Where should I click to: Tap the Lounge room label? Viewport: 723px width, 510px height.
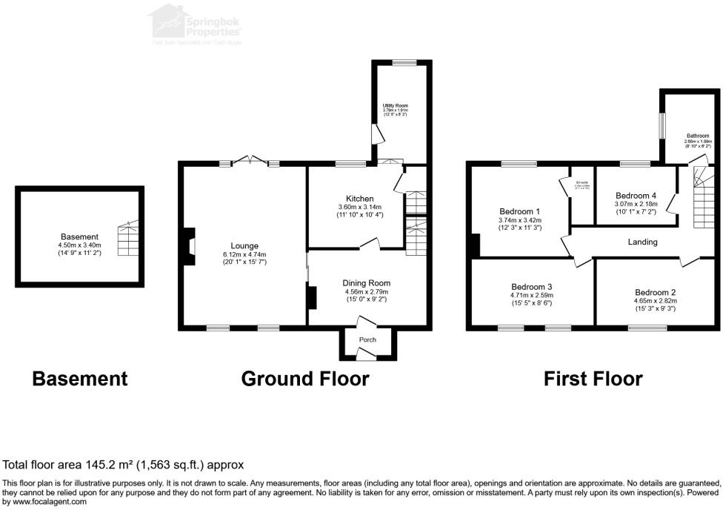(x=244, y=245)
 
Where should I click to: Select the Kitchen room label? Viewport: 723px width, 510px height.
(x=360, y=199)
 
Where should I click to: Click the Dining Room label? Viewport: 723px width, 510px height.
(x=366, y=282)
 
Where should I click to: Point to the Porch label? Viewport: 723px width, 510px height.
(x=367, y=340)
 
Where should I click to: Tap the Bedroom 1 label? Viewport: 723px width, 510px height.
(x=520, y=211)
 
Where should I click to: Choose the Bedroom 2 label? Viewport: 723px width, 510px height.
(x=655, y=292)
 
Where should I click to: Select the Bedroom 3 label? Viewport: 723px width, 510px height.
(x=532, y=286)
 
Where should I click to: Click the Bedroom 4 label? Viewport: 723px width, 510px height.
(x=636, y=196)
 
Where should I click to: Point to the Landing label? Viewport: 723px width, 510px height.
(x=642, y=242)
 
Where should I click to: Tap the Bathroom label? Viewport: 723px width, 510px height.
(x=697, y=136)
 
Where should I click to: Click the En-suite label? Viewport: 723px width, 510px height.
(x=582, y=182)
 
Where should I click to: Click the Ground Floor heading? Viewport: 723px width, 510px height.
(x=305, y=379)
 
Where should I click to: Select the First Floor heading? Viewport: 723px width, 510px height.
(x=593, y=379)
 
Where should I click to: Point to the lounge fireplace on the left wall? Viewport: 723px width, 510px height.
(x=190, y=245)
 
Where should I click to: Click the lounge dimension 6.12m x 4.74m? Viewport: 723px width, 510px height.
(x=244, y=255)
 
